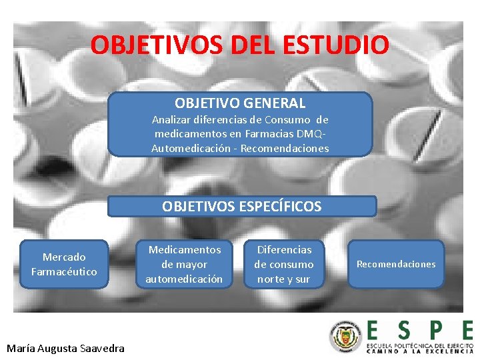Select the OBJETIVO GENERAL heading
point(240,103)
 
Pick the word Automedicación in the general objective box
point(193,148)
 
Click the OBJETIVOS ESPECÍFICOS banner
point(241,207)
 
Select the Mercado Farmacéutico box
point(64,264)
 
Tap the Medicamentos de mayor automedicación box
point(184,264)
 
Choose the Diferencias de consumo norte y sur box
point(283,264)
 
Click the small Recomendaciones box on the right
point(395,264)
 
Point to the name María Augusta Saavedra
point(65,348)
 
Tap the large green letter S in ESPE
point(403,331)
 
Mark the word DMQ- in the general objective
point(313,134)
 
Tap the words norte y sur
point(283,279)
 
